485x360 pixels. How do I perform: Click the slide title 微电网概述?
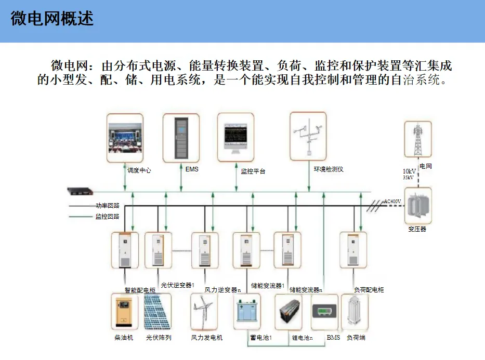pos(52,19)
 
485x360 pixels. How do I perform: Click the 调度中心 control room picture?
pos(124,137)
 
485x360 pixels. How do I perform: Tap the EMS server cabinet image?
pos(180,137)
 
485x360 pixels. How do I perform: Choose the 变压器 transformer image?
pos(417,206)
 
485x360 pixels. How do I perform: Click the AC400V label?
pos(392,201)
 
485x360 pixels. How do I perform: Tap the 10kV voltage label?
pos(410,171)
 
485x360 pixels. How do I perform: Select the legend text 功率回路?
pos(107,206)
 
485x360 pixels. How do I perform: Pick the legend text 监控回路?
pos(107,216)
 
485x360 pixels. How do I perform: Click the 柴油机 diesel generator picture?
pos(124,312)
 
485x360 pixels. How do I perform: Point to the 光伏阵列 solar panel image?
pos(157,312)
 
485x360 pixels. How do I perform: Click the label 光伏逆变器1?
pos(177,285)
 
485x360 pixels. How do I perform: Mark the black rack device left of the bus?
pos(82,191)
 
